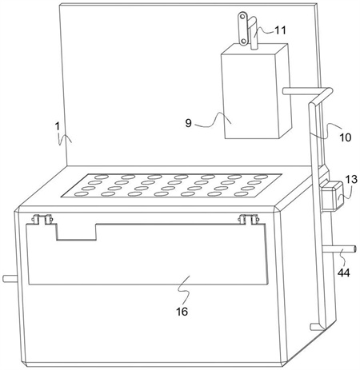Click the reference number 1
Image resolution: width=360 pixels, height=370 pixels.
(58, 126)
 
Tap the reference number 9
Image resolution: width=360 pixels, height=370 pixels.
(189, 123)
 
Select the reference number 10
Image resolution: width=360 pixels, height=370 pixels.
(345, 137)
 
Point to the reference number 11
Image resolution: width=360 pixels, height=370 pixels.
(280, 30)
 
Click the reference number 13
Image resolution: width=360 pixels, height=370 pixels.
(351, 179)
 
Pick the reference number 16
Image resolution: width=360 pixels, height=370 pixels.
(182, 311)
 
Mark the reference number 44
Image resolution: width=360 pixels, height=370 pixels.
(344, 273)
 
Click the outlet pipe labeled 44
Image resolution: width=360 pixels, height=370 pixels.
(339, 249)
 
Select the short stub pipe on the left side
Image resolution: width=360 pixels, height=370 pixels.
(10, 278)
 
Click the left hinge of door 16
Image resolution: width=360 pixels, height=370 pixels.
(42, 219)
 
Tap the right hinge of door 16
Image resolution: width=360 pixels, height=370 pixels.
(249, 219)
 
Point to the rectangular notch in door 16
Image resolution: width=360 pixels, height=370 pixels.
(76, 232)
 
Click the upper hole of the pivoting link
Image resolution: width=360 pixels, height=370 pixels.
(242, 17)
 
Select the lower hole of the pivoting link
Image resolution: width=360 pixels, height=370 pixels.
(243, 42)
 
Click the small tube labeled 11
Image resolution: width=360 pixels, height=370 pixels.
(254, 34)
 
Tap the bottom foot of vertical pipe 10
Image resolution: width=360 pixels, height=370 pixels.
(317, 327)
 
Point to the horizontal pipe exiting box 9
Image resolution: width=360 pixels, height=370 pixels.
(301, 91)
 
